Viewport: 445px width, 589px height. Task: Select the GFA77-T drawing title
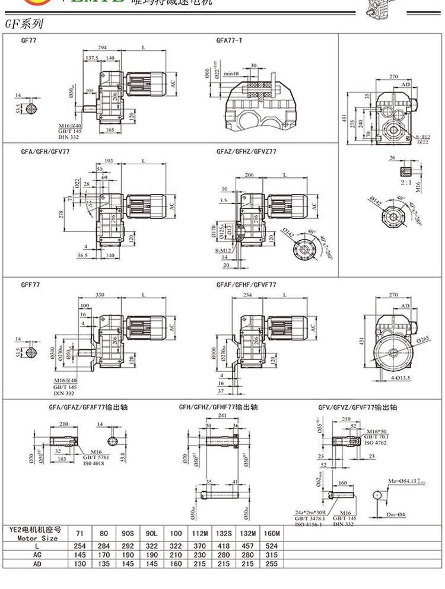coord(228,41)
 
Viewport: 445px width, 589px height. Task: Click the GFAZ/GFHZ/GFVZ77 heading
coord(246,151)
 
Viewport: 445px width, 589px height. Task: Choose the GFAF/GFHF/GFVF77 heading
coord(246,285)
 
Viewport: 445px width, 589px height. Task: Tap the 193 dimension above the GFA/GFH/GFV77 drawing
coord(109,161)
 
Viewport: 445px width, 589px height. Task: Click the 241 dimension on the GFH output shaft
coord(221,416)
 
